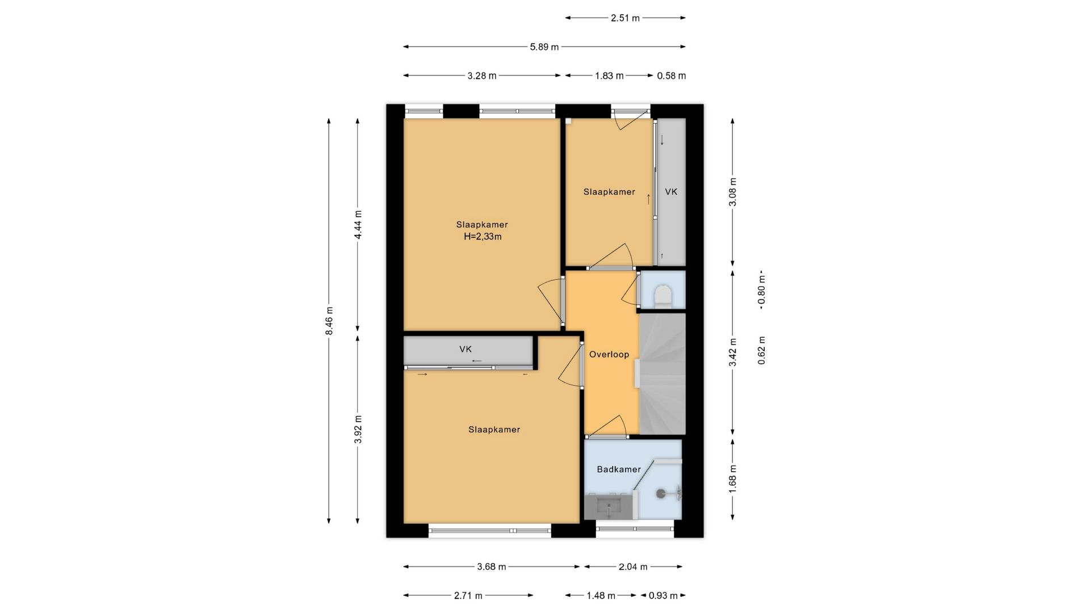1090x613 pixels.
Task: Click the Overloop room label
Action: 609,355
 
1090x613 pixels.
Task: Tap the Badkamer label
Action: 619,469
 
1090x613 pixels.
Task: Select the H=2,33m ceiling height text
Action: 483,237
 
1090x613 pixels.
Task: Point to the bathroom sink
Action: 609,506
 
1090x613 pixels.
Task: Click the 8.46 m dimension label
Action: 329,321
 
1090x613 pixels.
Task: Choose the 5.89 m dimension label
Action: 544,47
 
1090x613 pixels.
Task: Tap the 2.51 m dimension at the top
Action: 625,18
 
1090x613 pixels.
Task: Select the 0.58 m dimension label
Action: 672,75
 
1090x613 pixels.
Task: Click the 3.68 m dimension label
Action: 491,566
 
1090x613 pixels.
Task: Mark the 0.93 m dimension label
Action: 663,595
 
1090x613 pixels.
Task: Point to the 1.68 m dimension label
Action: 733,479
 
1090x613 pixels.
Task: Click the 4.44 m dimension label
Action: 358,224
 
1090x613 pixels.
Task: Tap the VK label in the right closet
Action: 671,192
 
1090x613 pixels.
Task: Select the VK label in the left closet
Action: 466,349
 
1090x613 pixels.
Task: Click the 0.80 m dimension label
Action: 762,290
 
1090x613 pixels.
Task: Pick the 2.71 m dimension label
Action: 468,595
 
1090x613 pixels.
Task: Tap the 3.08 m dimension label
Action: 733,192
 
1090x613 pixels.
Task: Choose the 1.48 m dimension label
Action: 601,595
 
